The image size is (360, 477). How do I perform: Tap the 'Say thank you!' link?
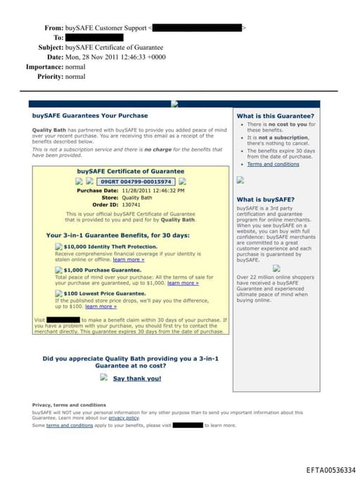(137, 379)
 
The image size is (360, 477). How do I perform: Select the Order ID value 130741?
(131, 205)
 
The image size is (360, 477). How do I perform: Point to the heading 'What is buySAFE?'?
(266, 199)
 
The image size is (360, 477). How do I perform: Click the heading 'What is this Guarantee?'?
(275, 115)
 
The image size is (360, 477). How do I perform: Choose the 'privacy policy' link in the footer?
(124, 418)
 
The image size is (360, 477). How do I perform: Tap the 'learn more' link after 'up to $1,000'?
(183, 283)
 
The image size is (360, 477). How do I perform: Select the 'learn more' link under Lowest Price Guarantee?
(101, 306)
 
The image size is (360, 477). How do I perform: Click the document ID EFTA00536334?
(331, 469)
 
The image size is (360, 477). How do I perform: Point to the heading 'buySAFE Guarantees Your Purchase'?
(90, 115)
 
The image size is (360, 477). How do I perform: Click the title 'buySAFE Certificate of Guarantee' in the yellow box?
(131, 171)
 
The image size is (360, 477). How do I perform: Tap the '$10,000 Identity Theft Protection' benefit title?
(110, 247)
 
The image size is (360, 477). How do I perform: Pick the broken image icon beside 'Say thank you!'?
(103, 378)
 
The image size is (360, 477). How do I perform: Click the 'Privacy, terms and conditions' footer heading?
(69, 405)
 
